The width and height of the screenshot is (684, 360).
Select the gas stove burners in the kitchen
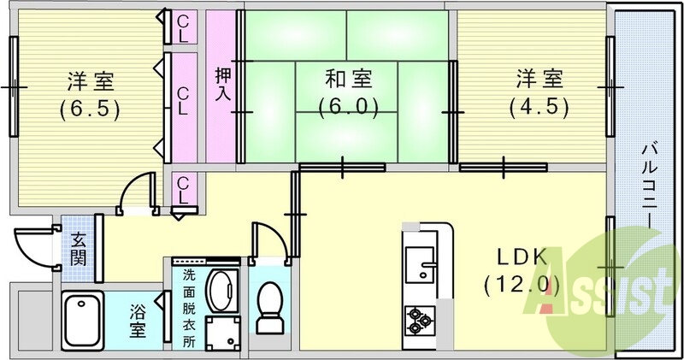pyautogui.click(x=420, y=319)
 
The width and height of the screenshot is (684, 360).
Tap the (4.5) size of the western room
pyautogui.click(x=539, y=109)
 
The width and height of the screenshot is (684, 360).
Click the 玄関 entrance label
pyautogui.click(x=78, y=248)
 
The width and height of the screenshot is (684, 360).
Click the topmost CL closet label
pyautogui.click(x=183, y=29)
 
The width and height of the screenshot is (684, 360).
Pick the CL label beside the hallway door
pyautogui.click(x=183, y=189)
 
